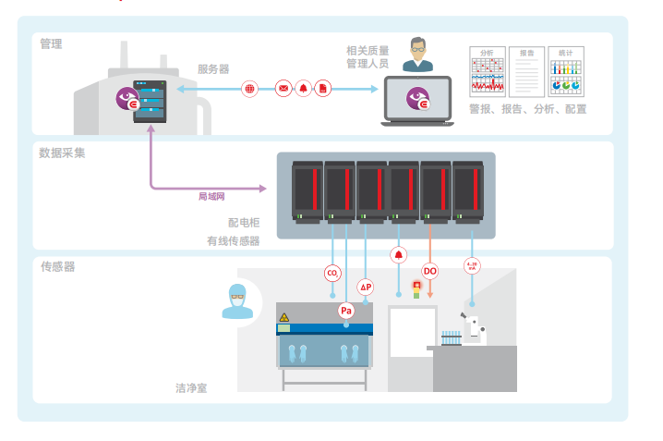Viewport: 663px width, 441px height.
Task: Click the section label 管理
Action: tap(51, 43)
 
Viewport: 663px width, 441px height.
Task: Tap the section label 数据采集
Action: tap(63, 153)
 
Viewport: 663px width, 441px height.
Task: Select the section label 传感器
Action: tap(57, 266)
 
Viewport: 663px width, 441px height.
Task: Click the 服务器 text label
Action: tap(213, 68)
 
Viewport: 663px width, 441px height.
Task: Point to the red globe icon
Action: tap(249, 89)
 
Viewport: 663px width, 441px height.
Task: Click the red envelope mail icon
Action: tap(283, 89)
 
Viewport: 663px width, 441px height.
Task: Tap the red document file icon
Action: tap(323, 89)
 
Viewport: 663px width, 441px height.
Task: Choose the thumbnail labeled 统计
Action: tap(565, 72)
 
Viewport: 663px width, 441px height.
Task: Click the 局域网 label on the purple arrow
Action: tap(211, 196)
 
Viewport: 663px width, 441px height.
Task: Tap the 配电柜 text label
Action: tap(244, 223)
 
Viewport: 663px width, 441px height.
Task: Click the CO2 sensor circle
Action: tap(332, 273)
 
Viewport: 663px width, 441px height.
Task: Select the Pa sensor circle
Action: tap(346, 311)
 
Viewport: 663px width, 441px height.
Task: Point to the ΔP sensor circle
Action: tap(366, 288)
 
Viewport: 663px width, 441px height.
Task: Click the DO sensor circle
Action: tap(429, 271)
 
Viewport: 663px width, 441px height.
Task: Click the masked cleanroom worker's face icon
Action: tap(237, 301)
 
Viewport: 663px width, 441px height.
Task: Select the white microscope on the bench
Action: tap(474, 328)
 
